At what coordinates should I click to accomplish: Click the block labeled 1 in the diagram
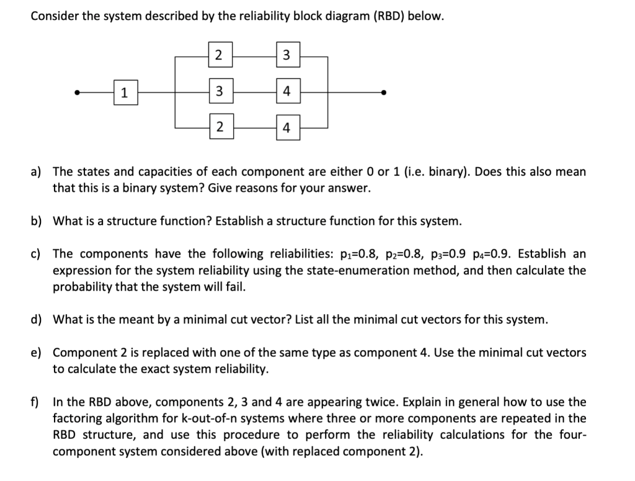pyautogui.click(x=125, y=93)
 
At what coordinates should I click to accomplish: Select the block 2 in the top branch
pyautogui.click(x=219, y=55)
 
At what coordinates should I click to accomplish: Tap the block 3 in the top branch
pyautogui.click(x=286, y=55)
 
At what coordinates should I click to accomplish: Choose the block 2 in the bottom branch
pyautogui.click(x=219, y=128)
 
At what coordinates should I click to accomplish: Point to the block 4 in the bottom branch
pyautogui.click(x=286, y=128)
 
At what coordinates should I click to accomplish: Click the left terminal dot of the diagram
pyautogui.click(x=76, y=93)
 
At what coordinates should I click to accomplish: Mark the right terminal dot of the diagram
pyautogui.click(x=384, y=93)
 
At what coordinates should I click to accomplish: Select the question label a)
pyautogui.click(x=37, y=171)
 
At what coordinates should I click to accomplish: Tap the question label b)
pyautogui.click(x=37, y=221)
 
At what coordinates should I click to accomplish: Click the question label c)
pyautogui.click(x=37, y=254)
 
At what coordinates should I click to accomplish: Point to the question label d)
pyautogui.click(x=37, y=320)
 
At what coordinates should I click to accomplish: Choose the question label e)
pyautogui.click(x=37, y=353)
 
